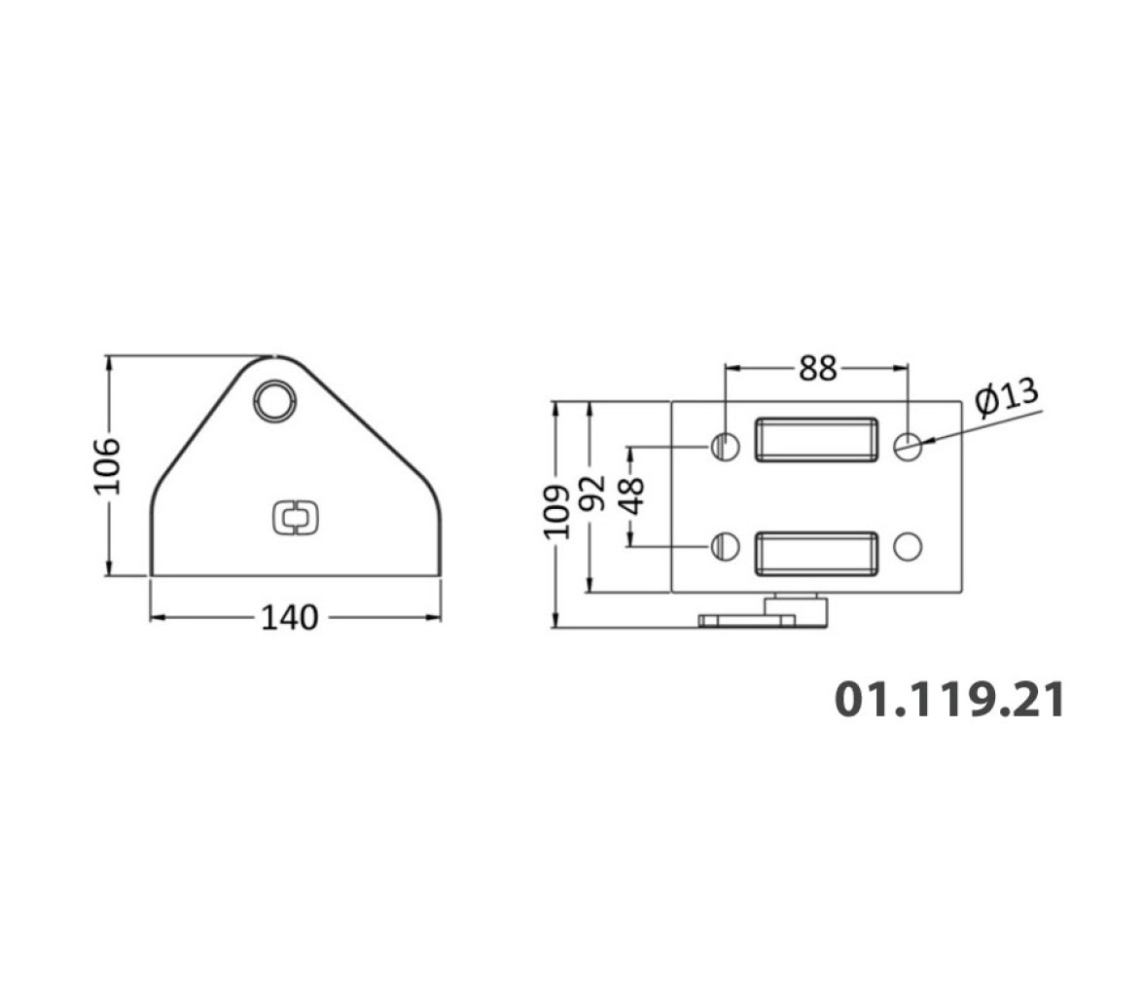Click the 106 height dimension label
(107, 466)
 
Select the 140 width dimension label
(290, 618)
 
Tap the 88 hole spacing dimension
(817, 369)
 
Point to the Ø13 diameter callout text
(1007, 399)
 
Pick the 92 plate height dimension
(591, 492)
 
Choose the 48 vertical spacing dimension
(632, 495)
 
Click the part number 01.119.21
(949, 699)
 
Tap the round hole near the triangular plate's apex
(275, 400)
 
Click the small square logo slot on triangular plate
(296, 517)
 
